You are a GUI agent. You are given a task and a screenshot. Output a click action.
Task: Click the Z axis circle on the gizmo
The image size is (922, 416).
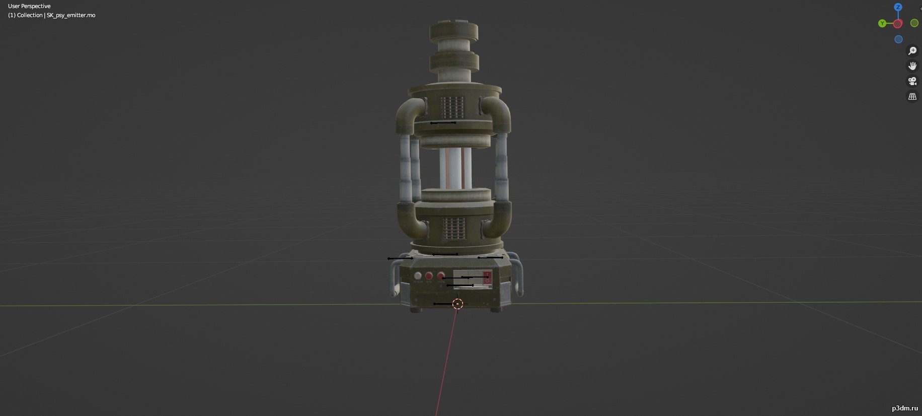[x=898, y=7]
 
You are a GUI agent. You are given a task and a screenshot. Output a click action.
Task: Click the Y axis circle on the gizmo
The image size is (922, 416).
[x=882, y=23]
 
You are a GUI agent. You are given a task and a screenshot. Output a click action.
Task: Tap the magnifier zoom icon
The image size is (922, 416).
[x=912, y=51]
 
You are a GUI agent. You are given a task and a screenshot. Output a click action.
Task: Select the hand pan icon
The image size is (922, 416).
[x=912, y=66]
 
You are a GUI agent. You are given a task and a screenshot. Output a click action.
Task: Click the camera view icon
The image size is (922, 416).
[x=912, y=81]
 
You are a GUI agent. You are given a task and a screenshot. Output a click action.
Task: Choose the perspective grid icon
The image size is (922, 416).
[x=912, y=96]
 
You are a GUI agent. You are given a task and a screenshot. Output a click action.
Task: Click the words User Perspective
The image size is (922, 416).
[x=29, y=6]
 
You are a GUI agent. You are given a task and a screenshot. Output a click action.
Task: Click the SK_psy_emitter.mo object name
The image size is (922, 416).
[x=71, y=15]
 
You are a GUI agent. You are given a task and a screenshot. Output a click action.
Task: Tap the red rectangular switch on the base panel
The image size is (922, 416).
[x=487, y=277]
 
